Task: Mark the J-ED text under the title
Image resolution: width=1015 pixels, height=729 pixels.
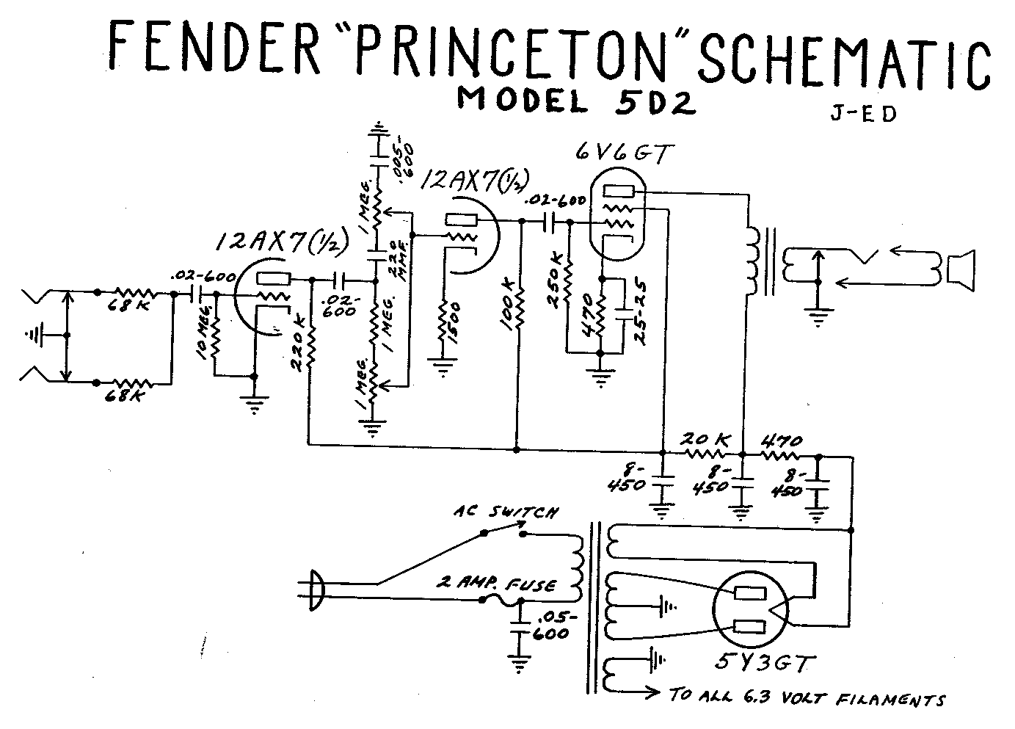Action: (x=864, y=115)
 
